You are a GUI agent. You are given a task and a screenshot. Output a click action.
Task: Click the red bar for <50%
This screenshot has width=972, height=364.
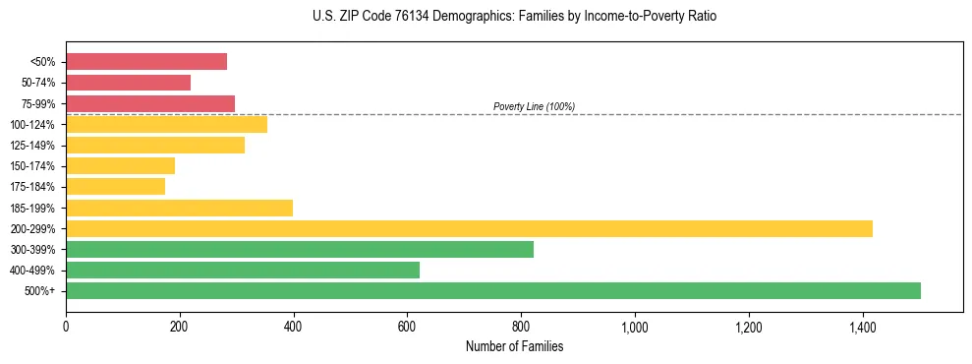tap(146, 62)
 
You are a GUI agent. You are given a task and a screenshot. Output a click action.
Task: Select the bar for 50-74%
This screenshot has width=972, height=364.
tap(128, 83)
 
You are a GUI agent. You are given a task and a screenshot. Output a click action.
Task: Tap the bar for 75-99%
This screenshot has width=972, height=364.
tap(150, 103)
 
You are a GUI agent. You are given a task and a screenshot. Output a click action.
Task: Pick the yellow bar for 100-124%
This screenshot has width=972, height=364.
tap(166, 124)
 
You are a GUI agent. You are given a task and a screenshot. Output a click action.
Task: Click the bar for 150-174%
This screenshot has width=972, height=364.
tap(120, 166)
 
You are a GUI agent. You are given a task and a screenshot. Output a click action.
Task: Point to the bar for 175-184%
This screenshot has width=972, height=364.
tap(115, 187)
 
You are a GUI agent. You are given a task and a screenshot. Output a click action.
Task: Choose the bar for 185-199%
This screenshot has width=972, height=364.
tap(179, 208)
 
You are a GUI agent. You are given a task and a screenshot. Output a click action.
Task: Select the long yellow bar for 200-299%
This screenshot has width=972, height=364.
tap(469, 229)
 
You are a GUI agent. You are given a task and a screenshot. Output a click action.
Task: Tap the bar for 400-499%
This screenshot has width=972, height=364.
tap(243, 271)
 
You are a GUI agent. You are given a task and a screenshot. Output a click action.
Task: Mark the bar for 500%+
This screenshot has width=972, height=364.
tap(493, 291)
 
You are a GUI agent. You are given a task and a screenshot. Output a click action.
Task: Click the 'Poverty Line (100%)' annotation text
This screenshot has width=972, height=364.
tap(534, 106)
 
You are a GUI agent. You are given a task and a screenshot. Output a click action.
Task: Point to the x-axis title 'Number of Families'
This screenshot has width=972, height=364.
tap(514, 346)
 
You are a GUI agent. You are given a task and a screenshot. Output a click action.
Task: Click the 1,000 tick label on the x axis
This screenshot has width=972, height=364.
tap(635, 326)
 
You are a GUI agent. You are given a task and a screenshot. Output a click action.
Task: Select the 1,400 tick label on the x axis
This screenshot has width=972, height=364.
tap(863, 326)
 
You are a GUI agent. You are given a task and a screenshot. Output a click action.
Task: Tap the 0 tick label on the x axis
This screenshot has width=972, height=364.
tap(66, 326)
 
